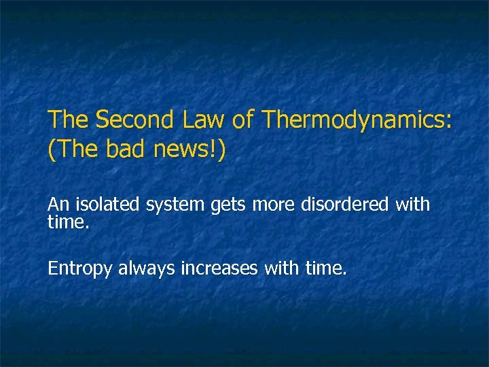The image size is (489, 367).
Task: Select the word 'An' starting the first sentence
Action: [59, 204]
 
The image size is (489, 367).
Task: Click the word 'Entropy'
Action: [80, 269]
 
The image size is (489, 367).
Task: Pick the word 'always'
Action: [147, 269]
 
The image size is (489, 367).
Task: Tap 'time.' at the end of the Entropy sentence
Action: [326, 269]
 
